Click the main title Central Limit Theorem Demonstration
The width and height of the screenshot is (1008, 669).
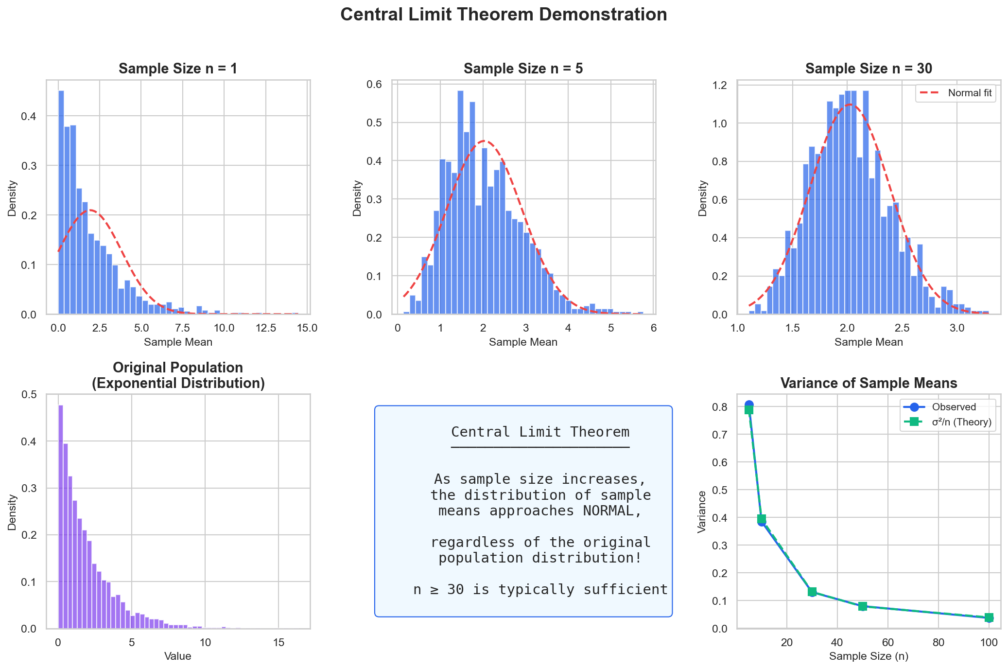pos(504,15)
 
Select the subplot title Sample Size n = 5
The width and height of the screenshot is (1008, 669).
pos(523,69)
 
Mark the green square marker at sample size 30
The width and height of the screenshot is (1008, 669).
pos(812,592)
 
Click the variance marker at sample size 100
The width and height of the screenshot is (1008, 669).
pos(989,618)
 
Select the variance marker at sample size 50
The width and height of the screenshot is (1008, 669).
pos(863,606)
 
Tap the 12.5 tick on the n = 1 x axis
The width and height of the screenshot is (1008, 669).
pos(266,328)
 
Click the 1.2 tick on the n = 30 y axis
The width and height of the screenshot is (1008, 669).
pos(720,86)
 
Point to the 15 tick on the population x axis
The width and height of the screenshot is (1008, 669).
pos(278,643)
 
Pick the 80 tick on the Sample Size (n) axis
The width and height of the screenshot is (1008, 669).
pos(938,643)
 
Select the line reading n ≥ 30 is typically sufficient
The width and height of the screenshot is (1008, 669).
pos(540,590)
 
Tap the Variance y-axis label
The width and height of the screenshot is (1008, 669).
pos(702,512)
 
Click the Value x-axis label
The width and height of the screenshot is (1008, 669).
pos(178,656)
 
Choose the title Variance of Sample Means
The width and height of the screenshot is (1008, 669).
pos(869,383)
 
